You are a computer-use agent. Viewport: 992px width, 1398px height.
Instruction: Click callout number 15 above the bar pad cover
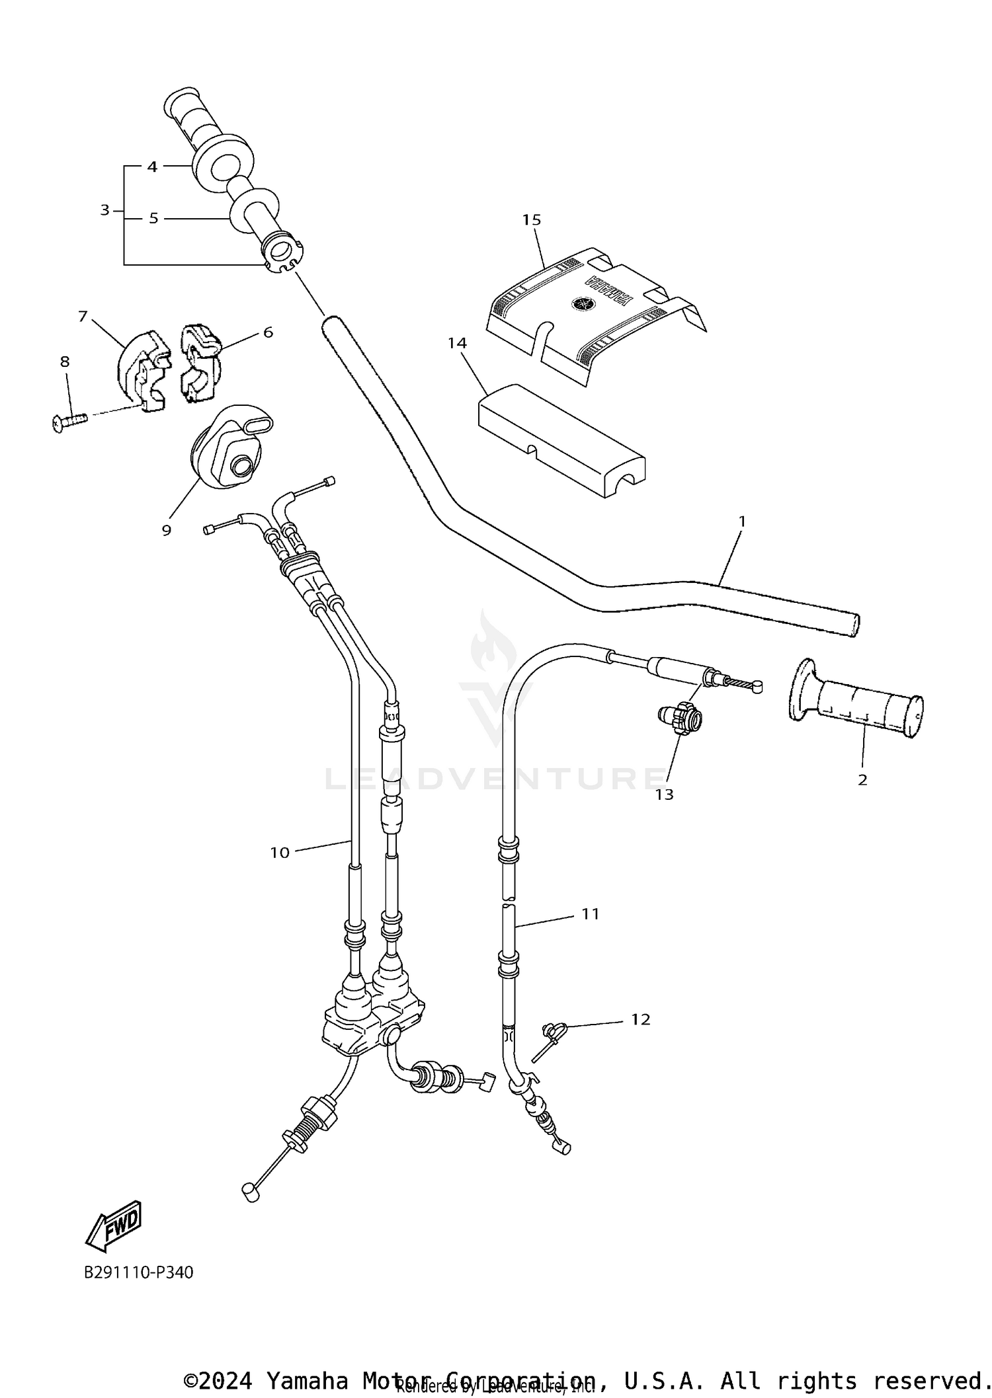point(531,219)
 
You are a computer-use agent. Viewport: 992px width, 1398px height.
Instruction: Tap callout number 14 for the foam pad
point(457,343)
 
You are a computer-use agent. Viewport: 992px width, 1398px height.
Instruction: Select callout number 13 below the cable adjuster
point(664,795)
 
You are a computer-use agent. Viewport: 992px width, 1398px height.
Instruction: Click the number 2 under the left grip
point(862,780)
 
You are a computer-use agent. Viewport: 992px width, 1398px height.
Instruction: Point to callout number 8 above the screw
point(65,362)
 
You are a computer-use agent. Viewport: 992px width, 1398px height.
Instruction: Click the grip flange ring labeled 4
point(219,163)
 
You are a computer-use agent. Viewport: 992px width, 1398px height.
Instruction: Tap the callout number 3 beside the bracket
point(104,210)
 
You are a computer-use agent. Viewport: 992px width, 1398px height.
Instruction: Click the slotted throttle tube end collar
point(282,252)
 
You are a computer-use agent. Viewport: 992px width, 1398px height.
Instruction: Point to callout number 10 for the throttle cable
point(280,853)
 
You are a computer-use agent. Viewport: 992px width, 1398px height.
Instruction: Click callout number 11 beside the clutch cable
point(590,913)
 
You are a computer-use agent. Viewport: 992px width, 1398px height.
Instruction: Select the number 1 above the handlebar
point(741,522)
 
